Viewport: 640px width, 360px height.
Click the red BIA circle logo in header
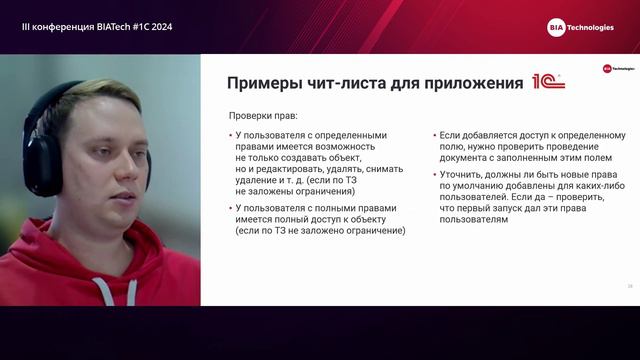558,27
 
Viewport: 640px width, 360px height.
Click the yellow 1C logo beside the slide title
547,81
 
